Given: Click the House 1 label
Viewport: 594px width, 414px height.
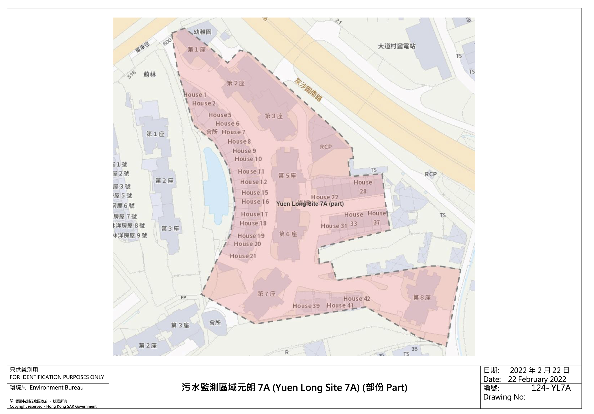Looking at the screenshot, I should (x=195, y=95).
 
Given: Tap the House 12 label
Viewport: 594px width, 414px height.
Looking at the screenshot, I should (x=253, y=182).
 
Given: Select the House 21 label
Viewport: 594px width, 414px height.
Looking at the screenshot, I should (x=243, y=256).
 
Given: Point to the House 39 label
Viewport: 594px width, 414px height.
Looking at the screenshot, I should (x=306, y=306).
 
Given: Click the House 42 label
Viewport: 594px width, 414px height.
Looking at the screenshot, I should (x=357, y=299).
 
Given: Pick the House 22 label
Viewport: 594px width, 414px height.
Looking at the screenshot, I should (x=325, y=197).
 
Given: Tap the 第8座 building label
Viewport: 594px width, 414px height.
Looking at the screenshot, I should (x=422, y=297).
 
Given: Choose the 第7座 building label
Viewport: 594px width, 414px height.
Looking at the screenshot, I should (x=267, y=294).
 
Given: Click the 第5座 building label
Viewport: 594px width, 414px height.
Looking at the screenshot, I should (x=287, y=176).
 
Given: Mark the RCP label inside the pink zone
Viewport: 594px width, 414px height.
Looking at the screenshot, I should (x=326, y=147).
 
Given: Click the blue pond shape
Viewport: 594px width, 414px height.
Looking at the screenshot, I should (x=216, y=184).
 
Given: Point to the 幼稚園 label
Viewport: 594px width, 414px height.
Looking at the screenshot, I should (x=202, y=32).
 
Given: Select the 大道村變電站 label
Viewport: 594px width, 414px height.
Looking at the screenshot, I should (x=397, y=46).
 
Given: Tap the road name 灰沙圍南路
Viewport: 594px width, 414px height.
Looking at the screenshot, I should (x=308, y=90).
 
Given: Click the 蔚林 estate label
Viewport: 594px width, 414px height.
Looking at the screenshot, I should (x=150, y=75).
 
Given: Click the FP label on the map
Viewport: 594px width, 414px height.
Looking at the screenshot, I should (x=184, y=297).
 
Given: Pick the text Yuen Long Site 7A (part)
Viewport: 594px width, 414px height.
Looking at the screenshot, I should (x=310, y=204).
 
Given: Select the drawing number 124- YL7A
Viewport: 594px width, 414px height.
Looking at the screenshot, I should (x=551, y=388).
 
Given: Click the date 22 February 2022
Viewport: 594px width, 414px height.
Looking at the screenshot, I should (x=537, y=379).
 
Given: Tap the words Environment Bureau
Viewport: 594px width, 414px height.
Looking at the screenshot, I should (x=56, y=387).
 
